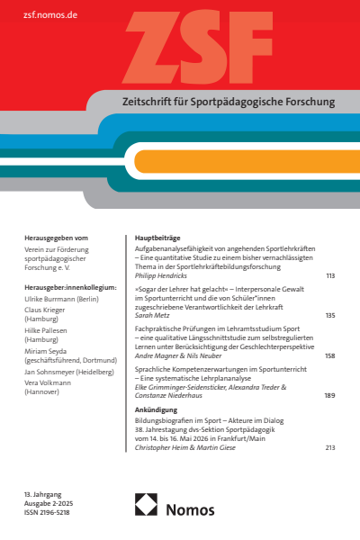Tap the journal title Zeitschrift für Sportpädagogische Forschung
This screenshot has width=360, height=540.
(x=220, y=103)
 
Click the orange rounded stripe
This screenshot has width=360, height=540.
(x=243, y=161)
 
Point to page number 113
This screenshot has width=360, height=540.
(x=329, y=275)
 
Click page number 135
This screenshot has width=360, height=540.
(x=329, y=315)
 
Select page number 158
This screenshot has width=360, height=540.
(x=329, y=355)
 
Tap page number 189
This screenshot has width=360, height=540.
(x=329, y=396)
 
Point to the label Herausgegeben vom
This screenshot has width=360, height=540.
(x=56, y=238)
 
